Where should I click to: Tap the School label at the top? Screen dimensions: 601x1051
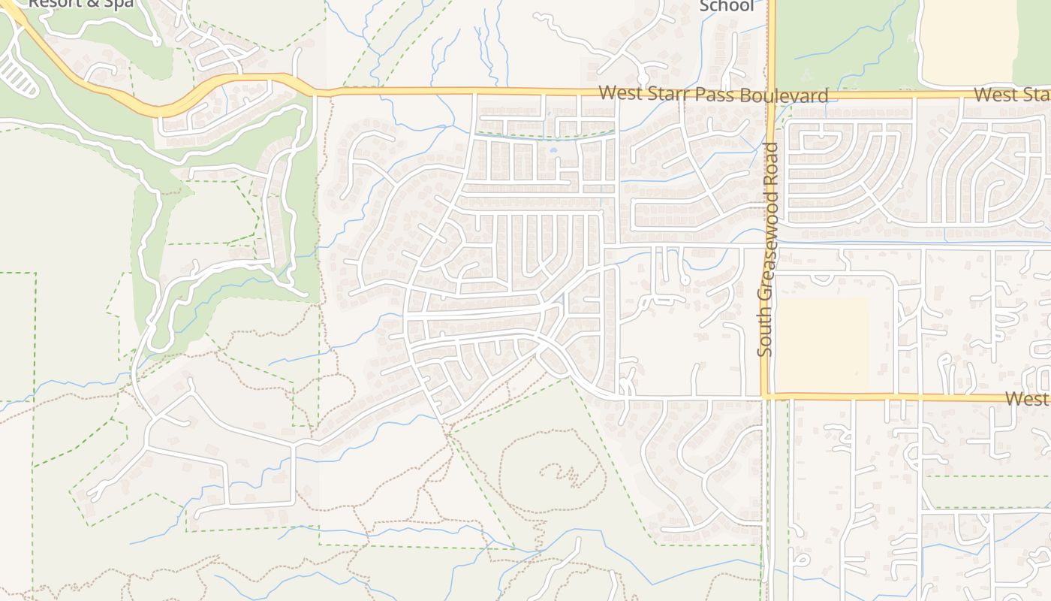(x=726, y=6)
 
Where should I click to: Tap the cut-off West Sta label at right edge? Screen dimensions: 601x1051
(x=1012, y=95)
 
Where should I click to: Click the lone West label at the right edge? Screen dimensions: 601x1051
(x=1027, y=398)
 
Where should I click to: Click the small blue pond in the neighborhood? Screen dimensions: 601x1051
(x=554, y=150)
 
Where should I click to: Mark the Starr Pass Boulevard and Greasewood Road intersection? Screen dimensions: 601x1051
(x=772, y=95)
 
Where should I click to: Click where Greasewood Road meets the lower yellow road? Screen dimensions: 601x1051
(x=766, y=395)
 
